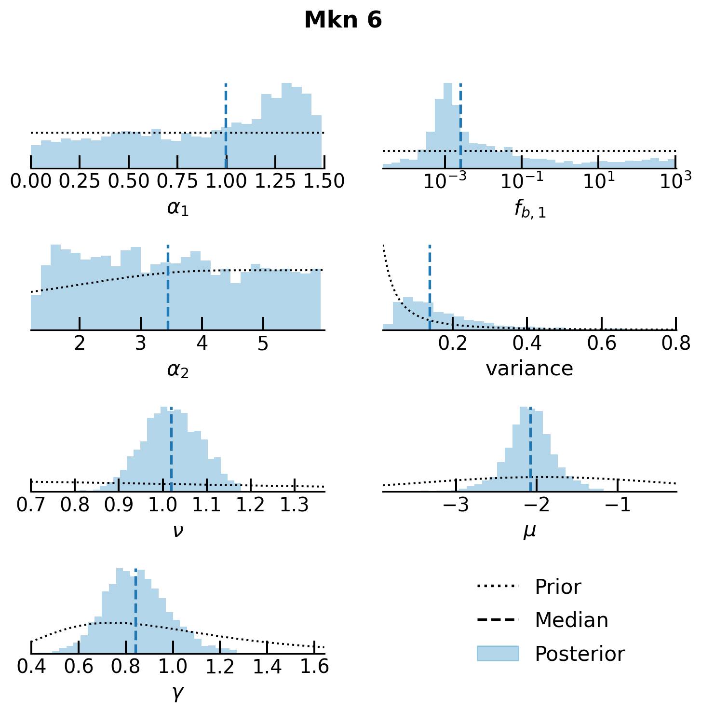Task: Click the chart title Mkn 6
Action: (x=343, y=20)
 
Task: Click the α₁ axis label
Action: (x=177, y=208)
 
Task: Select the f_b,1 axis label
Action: (x=530, y=209)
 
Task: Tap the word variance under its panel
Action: (x=529, y=369)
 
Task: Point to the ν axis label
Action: (x=177, y=531)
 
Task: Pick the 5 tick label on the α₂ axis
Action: (x=263, y=343)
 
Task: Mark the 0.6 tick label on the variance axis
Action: (x=601, y=343)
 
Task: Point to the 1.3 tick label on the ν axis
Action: (x=295, y=505)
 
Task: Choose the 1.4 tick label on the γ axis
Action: (x=267, y=667)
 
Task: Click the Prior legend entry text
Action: (x=558, y=587)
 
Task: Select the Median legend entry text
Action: (x=571, y=620)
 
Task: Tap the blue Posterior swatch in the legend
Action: (x=498, y=654)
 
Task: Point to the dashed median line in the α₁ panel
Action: (x=226, y=121)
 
